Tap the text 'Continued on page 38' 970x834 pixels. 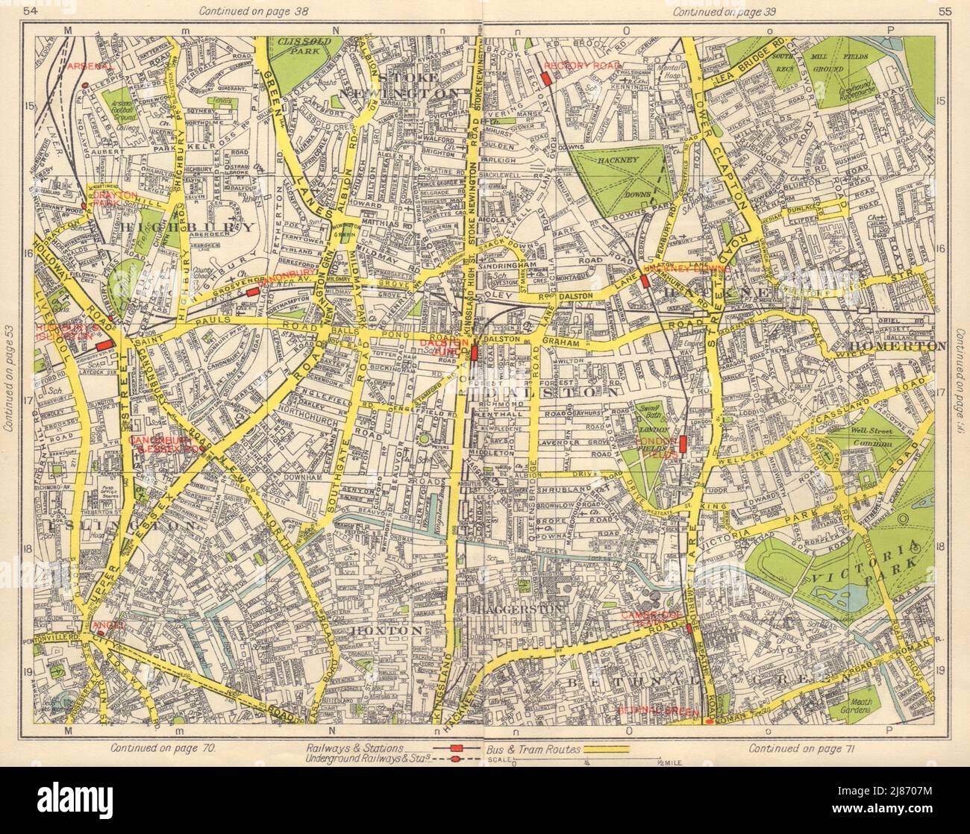pyautogui.click(x=247, y=11)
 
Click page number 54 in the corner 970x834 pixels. pyautogui.click(x=12, y=10)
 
